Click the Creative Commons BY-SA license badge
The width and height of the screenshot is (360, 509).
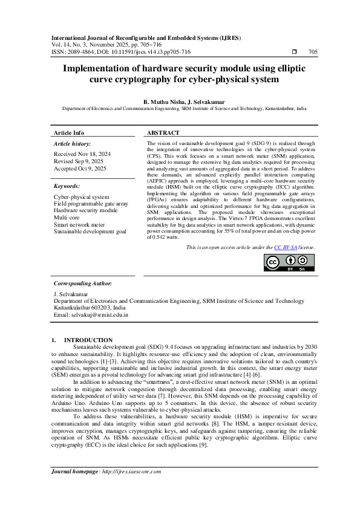tap(285, 264)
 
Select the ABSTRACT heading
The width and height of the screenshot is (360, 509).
tap(163, 132)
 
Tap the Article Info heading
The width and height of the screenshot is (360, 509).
tap(69, 132)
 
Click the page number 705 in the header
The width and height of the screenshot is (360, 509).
tap(313, 53)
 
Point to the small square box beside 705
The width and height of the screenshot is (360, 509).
tap(295, 53)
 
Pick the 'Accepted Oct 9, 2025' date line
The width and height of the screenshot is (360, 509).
tap(80, 169)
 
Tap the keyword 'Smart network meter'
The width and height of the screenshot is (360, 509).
tap(79, 224)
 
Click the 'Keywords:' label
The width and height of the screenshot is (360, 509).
tap(67, 186)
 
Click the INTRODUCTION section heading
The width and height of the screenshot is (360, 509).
tap(88, 340)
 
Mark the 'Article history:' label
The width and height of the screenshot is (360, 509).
tap(73, 144)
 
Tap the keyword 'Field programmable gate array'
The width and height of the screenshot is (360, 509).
tap(91, 204)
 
